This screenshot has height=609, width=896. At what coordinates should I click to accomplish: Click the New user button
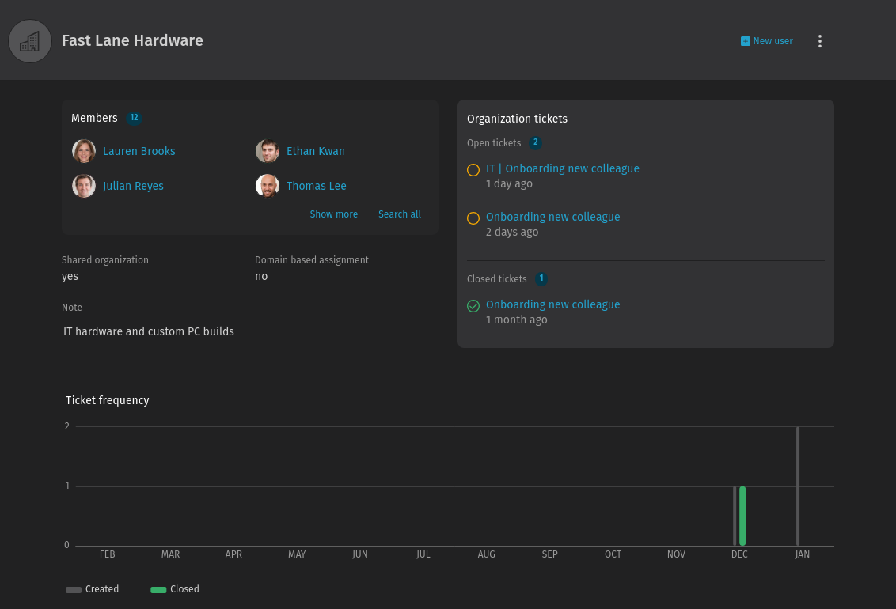pos(766,41)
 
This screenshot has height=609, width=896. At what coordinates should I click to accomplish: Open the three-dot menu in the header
pos(820,41)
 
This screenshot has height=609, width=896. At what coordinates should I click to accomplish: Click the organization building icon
pos(30,41)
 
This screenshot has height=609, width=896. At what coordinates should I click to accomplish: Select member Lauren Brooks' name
pos(139,151)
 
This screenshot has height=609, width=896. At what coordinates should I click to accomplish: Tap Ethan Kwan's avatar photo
pos(268,151)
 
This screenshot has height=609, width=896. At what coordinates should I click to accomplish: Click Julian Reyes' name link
pos(133,186)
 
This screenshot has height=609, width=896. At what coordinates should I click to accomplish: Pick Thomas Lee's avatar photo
pos(268,186)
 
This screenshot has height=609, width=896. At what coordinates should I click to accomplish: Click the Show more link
pos(333,214)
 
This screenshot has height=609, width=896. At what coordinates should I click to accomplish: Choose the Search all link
pos(399,214)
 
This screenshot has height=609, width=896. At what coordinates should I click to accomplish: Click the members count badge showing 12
pos(134,118)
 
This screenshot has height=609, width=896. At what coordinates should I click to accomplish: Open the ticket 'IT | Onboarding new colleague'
pos(562,168)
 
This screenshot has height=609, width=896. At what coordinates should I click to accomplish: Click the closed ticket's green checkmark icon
pos(473,305)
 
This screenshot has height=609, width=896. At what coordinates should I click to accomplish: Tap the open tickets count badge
pos(535,143)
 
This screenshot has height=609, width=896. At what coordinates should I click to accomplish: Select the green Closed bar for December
pos(742,516)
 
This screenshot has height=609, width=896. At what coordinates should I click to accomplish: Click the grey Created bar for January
pos(797,486)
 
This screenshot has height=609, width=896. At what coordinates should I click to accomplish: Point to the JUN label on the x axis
pos(360,554)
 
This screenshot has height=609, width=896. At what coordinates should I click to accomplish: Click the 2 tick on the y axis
pos(67,426)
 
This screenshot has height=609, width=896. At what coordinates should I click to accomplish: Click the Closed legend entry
pos(175,589)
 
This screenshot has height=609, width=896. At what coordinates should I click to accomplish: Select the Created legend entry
pos(93,589)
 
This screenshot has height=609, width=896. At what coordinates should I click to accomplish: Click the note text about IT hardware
pos(149,331)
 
